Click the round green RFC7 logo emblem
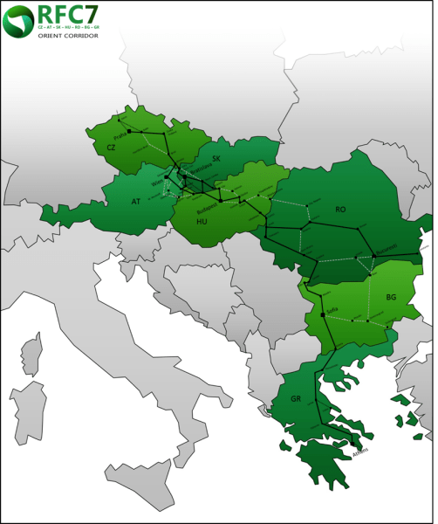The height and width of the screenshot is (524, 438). (19, 19)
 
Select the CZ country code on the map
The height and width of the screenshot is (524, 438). (111, 148)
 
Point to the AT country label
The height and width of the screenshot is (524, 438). (135, 201)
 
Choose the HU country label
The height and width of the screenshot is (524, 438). (202, 222)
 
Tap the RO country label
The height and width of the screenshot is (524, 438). (340, 210)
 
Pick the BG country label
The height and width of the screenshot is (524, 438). (391, 298)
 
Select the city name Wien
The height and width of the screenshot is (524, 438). (157, 183)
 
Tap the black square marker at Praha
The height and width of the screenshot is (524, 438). (129, 131)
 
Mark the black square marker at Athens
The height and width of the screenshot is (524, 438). (351, 443)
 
